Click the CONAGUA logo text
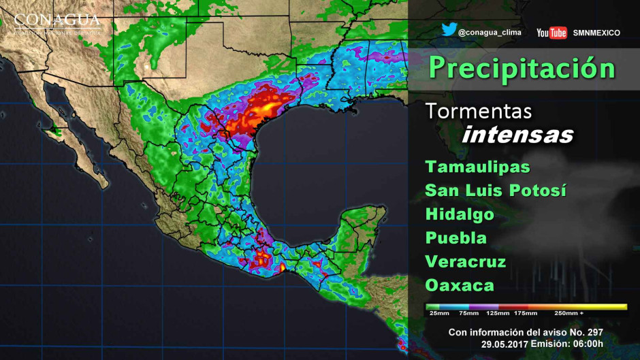pos(57,19)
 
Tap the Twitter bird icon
pos(448,31)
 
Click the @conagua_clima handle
pos(489,32)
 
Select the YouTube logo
pos(551,33)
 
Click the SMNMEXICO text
pos(596,33)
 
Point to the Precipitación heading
pos(522,69)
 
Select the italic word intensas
pos(517,135)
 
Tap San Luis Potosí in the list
pos(496,191)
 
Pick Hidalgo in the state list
pos(460,214)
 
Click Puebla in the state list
pos(456,238)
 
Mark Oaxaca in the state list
pos(460,284)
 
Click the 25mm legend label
pos(439,314)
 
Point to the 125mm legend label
pos(498,314)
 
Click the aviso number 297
pos(593,332)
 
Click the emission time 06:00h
pos(588,344)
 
